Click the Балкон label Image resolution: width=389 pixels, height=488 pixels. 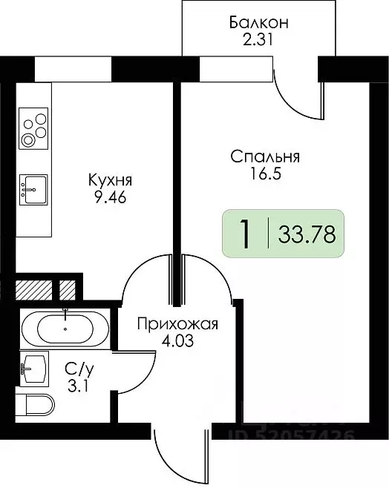(x=258, y=22)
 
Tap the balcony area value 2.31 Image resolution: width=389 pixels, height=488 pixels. (x=258, y=41)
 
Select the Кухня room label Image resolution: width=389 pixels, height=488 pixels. (x=110, y=179)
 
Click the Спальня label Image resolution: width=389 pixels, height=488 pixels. (x=265, y=156)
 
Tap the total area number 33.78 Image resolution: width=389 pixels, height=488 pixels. (x=307, y=235)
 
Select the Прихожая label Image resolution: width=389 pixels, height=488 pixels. (x=177, y=323)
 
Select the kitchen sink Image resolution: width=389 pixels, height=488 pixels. (x=33, y=189)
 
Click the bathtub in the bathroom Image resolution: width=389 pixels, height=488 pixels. (x=66, y=327)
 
